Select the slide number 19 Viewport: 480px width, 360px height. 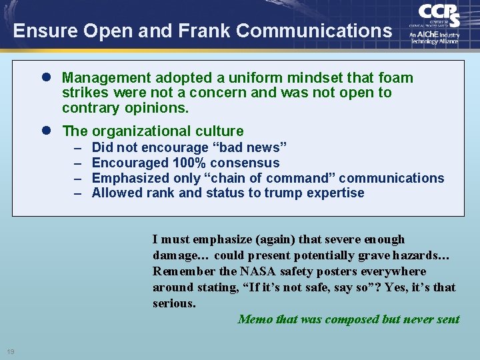pyautogui.click(x=11, y=351)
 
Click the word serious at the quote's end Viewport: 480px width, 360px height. pyautogui.click(x=173, y=303)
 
